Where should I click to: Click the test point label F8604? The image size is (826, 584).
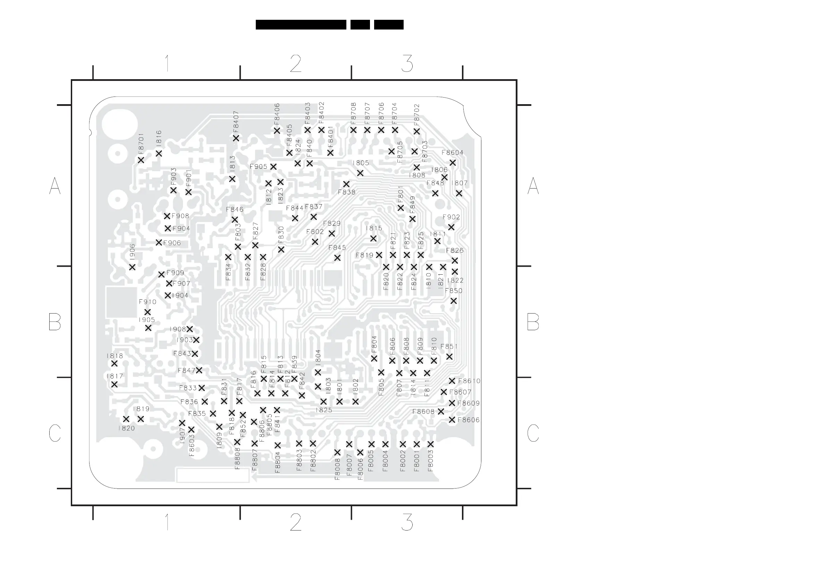pos(452,152)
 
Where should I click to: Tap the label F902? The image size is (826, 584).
pos(451,217)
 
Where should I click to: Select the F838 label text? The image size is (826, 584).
pos(346,192)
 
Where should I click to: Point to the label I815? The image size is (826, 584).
pos(374,228)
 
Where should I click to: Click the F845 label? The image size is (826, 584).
pos(337,248)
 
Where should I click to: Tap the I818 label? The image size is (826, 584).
pos(115,356)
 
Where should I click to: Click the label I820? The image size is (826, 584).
pos(126,428)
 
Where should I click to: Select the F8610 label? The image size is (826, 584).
pos(469,381)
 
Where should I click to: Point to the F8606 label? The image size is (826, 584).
pos(469,420)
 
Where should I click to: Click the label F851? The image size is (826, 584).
pos(449,347)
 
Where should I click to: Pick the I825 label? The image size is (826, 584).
pos(324,410)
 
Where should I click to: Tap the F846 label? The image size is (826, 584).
pos(235,210)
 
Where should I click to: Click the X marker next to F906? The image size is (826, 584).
pos(159,243)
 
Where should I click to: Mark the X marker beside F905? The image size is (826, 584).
pos(273,167)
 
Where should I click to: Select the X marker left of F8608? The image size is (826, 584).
pos(441,411)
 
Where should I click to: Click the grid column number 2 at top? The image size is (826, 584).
pos(295,64)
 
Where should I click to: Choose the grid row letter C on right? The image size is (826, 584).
pos(533,433)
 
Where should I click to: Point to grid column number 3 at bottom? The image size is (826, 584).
pos(407,523)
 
